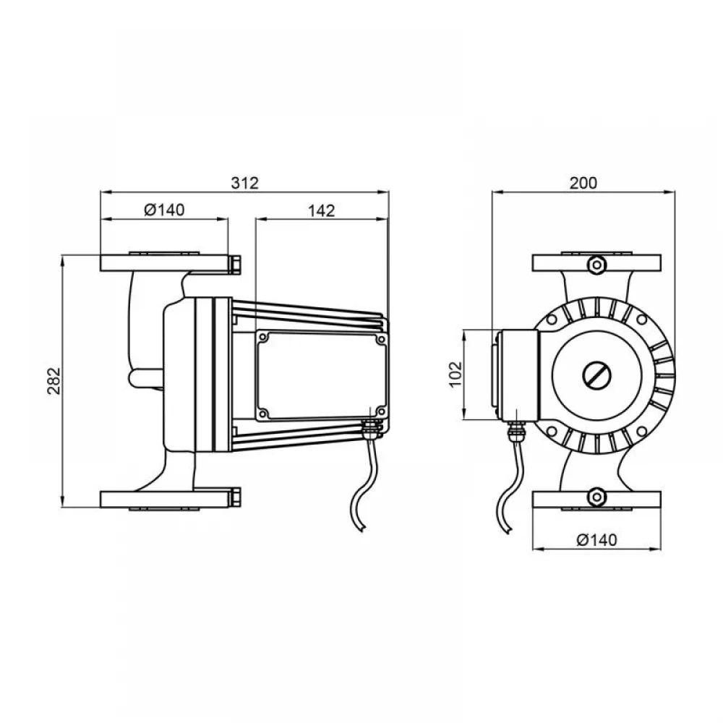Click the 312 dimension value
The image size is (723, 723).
coord(245,183)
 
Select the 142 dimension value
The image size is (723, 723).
coord(322,210)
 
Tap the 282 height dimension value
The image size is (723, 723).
coord(54,380)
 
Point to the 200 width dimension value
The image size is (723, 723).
coord(583,183)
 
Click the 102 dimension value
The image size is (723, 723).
coord(455,375)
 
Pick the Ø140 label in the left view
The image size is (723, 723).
coord(164,210)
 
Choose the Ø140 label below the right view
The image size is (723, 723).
coord(596,539)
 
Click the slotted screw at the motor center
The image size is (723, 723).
coord(596,375)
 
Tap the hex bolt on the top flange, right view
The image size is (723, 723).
coord(596,265)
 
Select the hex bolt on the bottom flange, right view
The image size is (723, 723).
coord(596,497)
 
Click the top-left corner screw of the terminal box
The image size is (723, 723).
coord(263,338)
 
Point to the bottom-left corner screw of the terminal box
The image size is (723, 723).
coord(263,412)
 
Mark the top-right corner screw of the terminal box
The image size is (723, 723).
coord(381,339)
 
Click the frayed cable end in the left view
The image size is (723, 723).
coord(362,529)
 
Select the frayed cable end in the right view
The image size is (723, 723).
coord(507,529)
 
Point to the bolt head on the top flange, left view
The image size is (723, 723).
coord(235,265)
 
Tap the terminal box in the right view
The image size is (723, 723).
coord(519,375)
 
